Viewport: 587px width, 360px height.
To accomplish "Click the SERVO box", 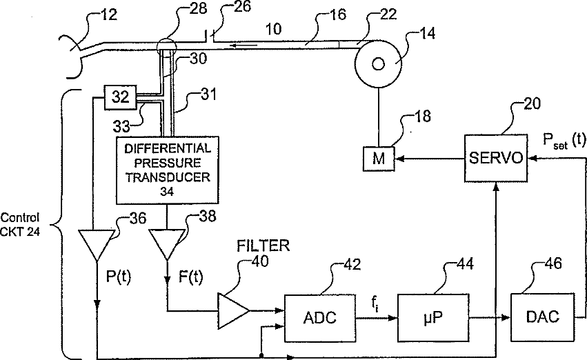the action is click(496, 159).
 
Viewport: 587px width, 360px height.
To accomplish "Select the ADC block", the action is click(320, 318).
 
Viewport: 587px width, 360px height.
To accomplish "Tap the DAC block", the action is click(542, 317).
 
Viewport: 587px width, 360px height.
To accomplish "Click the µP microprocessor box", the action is click(433, 318).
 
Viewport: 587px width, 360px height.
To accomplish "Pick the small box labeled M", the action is click(379, 159).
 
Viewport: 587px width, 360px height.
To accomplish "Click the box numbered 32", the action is click(121, 97).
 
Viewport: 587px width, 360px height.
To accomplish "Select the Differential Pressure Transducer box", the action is click(168, 170).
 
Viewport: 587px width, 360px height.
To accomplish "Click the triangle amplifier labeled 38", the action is click(167, 244).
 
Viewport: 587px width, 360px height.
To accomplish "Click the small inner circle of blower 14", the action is click(378, 64).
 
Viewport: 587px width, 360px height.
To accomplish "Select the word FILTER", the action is click(263, 246).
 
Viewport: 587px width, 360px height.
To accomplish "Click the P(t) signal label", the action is click(119, 277).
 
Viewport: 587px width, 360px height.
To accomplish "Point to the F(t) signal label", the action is click(190, 277).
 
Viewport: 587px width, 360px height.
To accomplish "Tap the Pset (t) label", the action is click(564, 141).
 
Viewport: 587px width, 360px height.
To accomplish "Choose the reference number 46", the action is click(554, 264).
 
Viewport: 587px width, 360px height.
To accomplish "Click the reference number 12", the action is click(109, 14).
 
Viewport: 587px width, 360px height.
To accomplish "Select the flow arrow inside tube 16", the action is click(243, 46).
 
